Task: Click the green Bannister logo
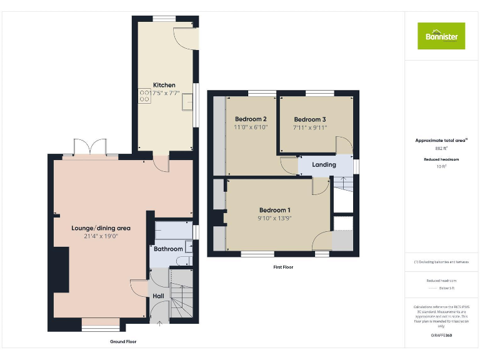441,36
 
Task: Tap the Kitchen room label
164,85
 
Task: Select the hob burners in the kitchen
144,95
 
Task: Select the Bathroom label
168,249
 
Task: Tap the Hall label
158,296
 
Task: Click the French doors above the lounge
91,147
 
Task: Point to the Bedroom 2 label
251,119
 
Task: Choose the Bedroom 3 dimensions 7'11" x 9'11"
310,127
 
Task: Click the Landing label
324,165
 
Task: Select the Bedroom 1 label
274,210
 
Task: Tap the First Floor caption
282,267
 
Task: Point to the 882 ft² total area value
441,149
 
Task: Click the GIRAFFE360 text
441,336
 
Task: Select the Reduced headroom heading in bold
441,160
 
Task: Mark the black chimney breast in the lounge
61,269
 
